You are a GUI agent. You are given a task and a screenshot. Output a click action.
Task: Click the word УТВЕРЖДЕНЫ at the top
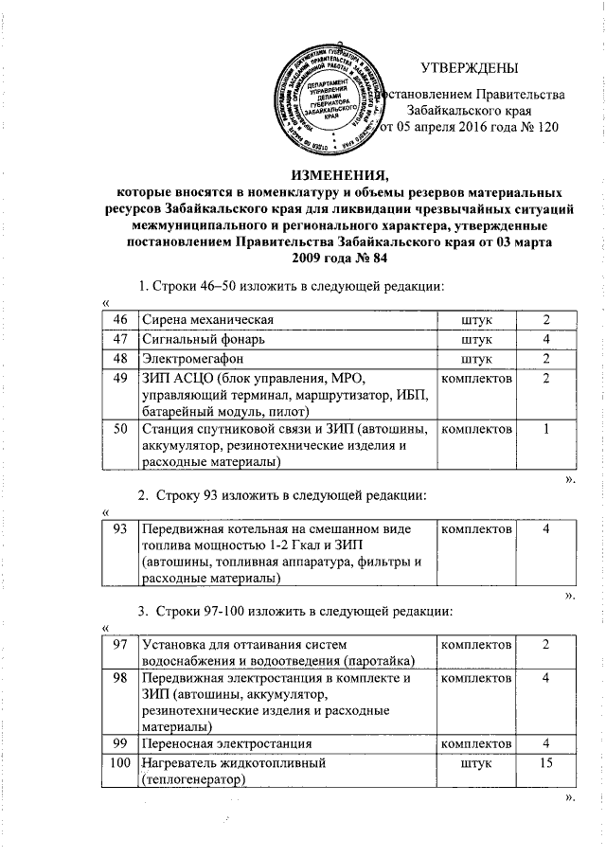pos(470,69)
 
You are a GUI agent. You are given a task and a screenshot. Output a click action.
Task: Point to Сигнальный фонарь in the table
pos(203,338)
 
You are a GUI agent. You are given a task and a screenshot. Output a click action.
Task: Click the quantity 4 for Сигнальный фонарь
pos(547,338)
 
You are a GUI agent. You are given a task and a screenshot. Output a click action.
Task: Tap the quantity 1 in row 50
pos(547,429)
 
